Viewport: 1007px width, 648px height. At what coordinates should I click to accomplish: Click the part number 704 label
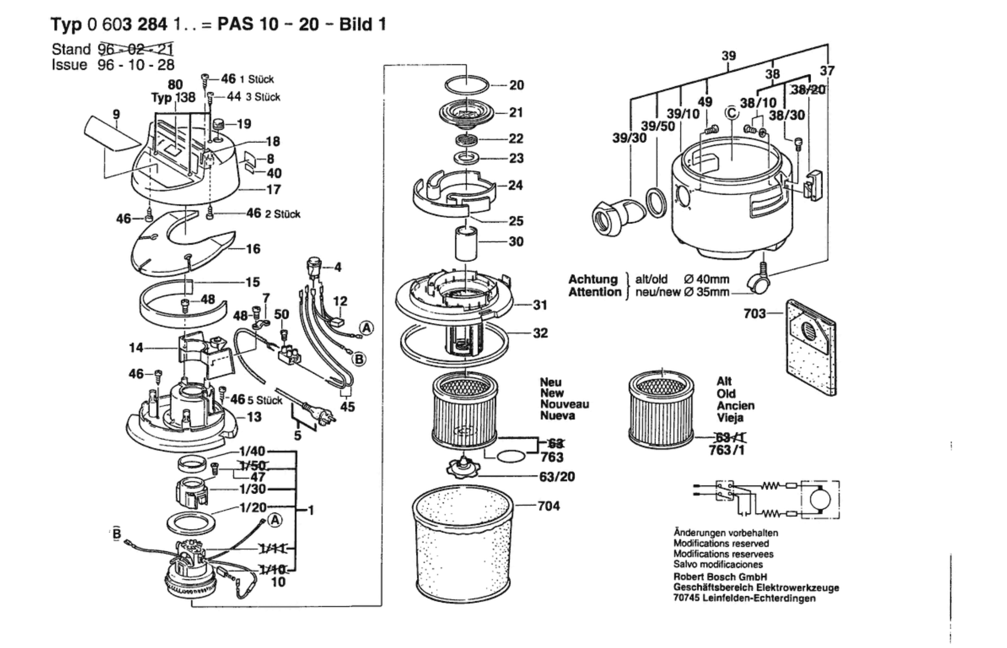coord(548,506)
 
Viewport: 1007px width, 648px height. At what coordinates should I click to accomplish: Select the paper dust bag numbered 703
coord(811,348)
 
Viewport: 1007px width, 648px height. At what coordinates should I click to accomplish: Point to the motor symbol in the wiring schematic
coord(820,500)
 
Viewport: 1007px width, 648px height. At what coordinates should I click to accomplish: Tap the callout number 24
coord(515,185)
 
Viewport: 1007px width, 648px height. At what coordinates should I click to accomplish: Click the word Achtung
coord(593,279)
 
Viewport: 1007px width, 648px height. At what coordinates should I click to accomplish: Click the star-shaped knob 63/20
coord(463,468)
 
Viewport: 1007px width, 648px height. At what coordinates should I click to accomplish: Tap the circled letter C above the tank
coord(732,114)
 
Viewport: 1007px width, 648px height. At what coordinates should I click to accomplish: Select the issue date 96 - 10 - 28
coord(136,65)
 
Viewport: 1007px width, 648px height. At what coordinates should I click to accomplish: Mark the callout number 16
coord(253,249)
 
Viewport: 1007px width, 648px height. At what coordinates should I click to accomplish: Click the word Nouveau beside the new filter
coord(565,404)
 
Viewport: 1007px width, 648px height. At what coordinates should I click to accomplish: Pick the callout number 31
coord(540,305)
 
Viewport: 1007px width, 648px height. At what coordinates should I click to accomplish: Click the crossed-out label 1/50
coord(253,465)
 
